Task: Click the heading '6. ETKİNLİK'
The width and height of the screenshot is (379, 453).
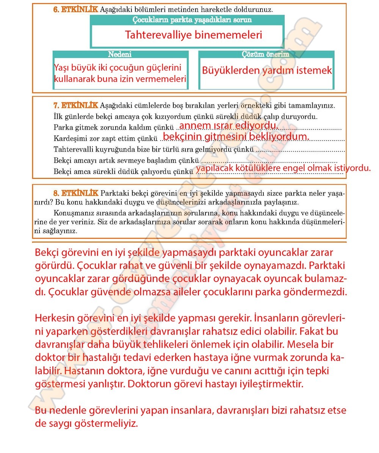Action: pos(75,9)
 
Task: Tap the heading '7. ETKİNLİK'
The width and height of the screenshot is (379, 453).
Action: pos(75,105)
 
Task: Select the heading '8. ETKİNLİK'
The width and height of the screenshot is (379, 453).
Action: pos(75,193)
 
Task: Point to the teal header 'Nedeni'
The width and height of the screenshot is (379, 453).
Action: pos(120,55)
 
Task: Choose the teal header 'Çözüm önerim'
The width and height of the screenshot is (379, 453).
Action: pos(265,55)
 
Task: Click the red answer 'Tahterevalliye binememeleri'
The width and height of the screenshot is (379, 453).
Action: pos(193,35)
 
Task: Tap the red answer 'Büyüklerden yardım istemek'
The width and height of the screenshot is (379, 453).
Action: pos(267,71)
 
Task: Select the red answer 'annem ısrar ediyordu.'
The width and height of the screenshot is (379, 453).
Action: pos(228,125)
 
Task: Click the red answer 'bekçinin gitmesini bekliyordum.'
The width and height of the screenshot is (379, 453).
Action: pos(236,136)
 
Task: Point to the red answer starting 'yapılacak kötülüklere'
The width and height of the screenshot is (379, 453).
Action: pos(283,168)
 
